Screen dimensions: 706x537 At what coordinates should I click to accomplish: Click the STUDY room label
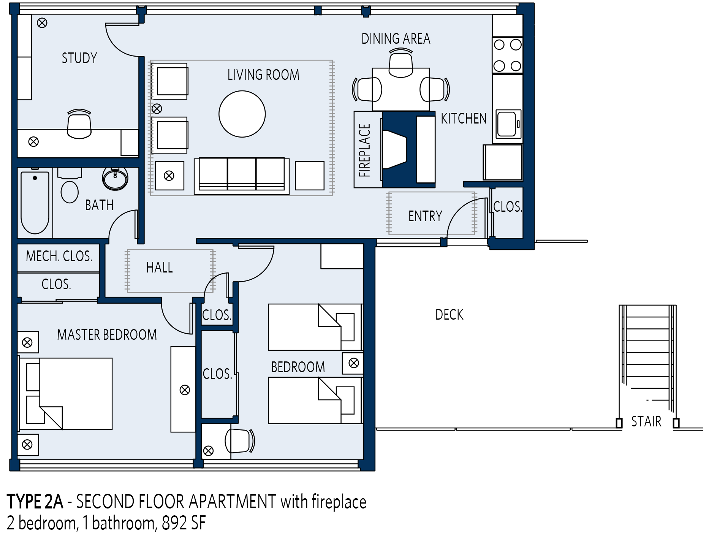pos(79,58)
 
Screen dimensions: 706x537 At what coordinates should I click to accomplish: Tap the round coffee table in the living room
pos(242,114)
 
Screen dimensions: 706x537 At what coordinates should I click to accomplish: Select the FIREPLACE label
pos(364,150)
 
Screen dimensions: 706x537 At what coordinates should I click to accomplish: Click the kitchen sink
pos(507,124)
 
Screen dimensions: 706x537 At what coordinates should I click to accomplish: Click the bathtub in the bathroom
pos(35,203)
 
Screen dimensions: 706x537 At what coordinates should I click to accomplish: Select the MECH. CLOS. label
pos(59,256)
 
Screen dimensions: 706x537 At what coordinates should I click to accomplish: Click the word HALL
pos(160,268)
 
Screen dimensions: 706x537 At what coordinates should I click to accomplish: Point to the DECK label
pos(450,315)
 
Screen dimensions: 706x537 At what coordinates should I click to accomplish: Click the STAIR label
pos(646,421)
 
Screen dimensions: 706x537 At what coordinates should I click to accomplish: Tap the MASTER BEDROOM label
pos(107,335)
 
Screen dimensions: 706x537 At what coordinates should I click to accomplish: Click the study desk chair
pos(79,124)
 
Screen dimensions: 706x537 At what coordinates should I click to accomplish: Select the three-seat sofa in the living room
pos(242,176)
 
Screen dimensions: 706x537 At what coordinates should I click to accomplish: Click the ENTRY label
pos(425,216)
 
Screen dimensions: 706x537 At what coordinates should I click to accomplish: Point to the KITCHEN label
pos(464,119)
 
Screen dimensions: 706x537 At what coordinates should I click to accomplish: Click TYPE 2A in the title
pos(35,502)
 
